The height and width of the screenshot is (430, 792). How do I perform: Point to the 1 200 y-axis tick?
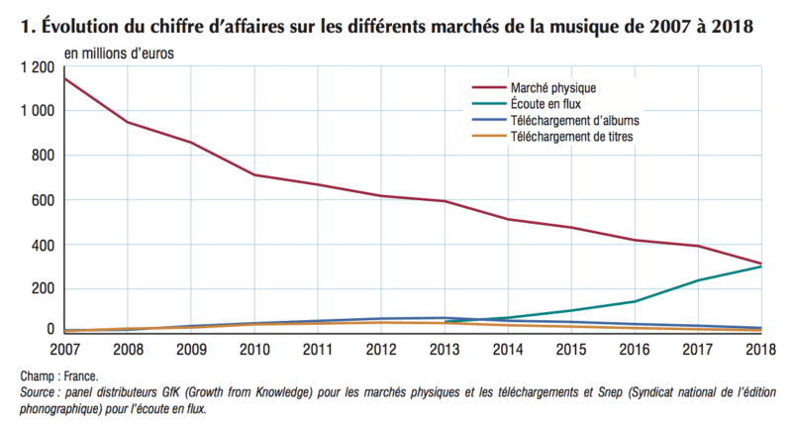(x=37, y=66)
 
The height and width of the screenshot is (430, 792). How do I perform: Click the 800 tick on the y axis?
(x=44, y=156)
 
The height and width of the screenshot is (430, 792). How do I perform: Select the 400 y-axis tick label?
(x=44, y=245)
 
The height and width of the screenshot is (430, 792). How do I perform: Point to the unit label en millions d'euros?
(x=120, y=51)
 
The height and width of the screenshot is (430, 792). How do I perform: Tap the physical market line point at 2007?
(x=64, y=77)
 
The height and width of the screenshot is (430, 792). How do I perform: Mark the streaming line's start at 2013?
(x=444, y=321)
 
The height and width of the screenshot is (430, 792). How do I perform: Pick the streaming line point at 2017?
(x=698, y=280)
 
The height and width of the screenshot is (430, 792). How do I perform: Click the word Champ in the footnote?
(x=39, y=377)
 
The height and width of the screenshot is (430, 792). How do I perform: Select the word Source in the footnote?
(x=42, y=393)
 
